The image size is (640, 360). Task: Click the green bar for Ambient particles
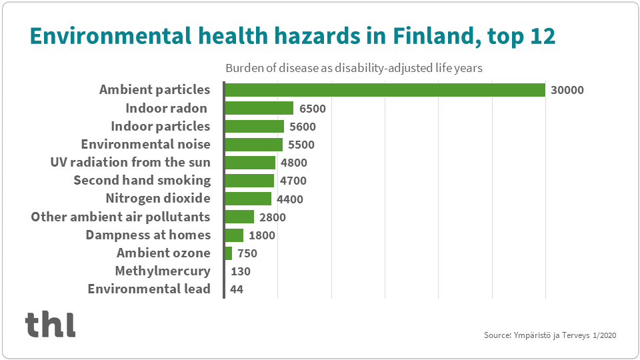[x=385, y=90]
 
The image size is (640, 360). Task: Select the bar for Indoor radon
[x=259, y=108]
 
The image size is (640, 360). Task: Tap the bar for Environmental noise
[x=254, y=144]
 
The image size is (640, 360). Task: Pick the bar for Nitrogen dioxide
[x=248, y=199]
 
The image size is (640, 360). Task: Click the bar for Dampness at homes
[x=234, y=235]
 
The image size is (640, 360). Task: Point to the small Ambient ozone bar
[x=229, y=253]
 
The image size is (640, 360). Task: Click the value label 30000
[x=567, y=90]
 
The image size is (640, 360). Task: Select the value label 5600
[x=302, y=127]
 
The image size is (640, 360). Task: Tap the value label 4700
[x=292, y=181]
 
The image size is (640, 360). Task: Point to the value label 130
[x=241, y=271]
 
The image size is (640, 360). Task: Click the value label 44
[x=237, y=289]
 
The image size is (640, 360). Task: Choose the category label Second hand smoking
[x=142, y=180]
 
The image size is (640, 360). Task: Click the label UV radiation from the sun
[x=131, y=162]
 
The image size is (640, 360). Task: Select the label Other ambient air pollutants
[x=121, y=217]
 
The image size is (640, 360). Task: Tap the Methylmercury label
[x=163, y=271]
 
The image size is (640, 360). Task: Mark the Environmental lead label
[x=149, y=289]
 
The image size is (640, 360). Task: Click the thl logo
[x=51, y=324]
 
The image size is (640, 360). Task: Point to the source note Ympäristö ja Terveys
[x=550, y=335]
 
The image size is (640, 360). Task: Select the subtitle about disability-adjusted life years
[x=353, y=68]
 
